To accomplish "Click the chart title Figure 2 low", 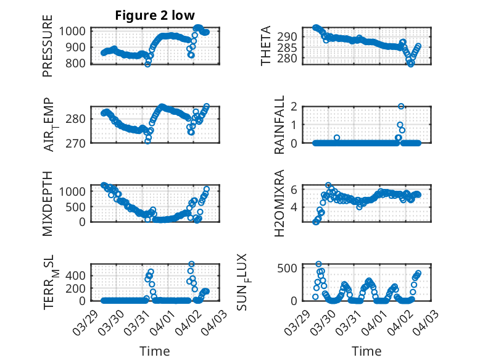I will [155, 16].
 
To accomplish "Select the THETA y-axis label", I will [266, 46].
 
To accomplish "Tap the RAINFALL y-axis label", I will [279, 125].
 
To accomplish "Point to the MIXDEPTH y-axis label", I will [48, 203].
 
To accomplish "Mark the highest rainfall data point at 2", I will [401, 107].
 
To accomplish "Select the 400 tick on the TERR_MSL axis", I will [78, 272].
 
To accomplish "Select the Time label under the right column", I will [366, 351].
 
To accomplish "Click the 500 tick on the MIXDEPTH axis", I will [78, 206].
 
